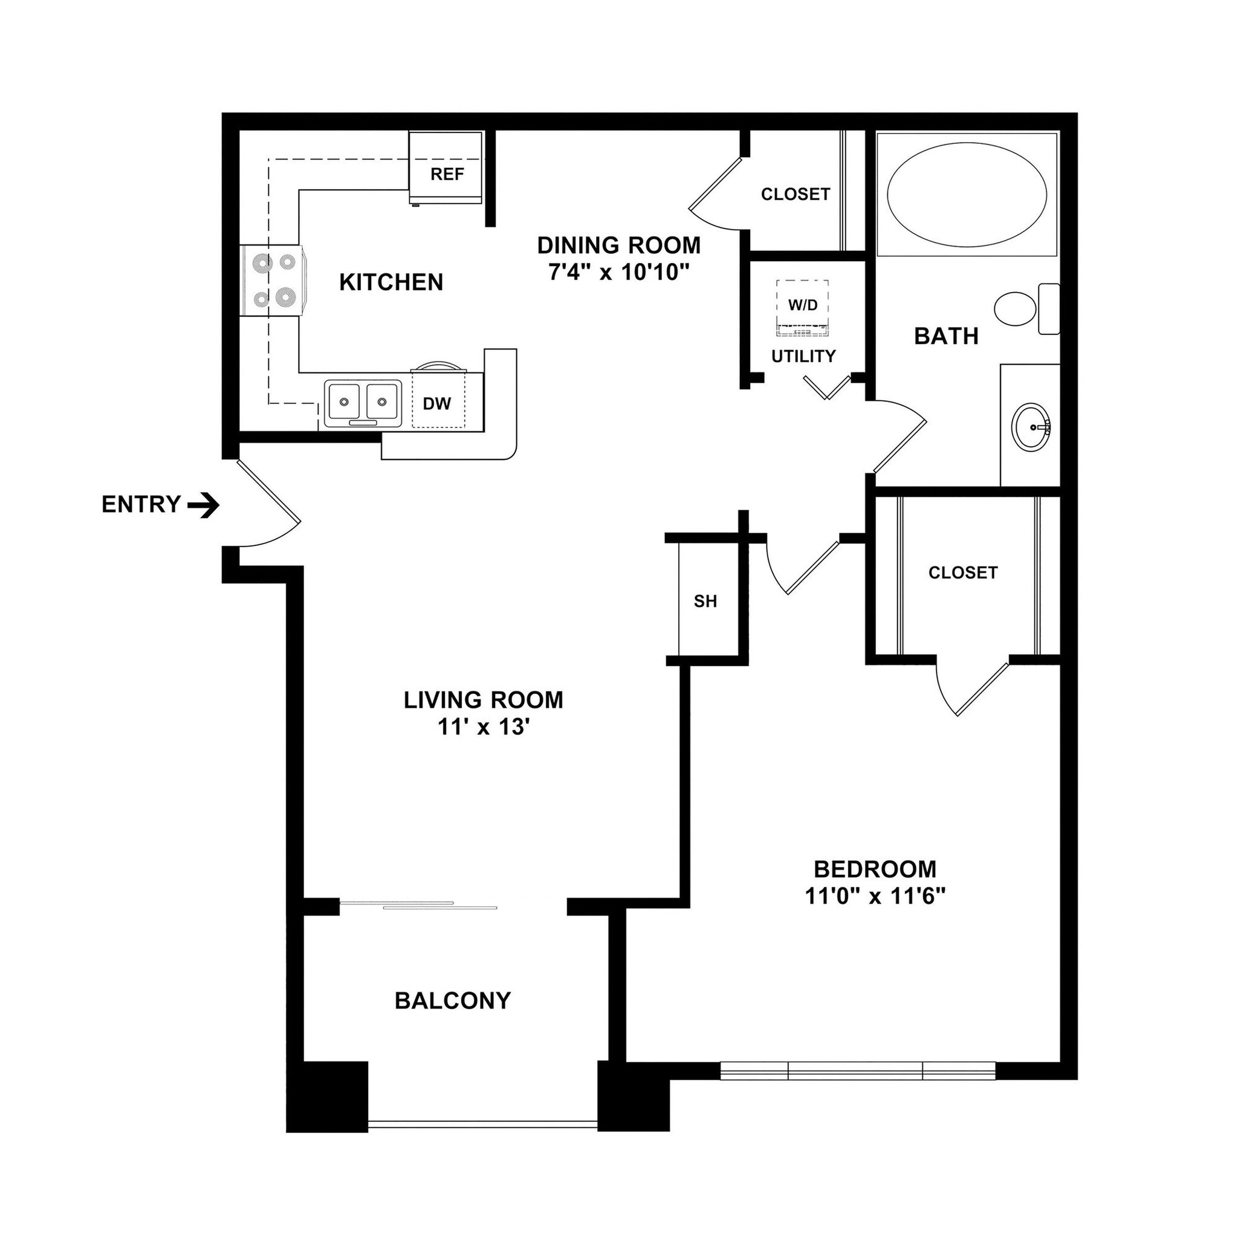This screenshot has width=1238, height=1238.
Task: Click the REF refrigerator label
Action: click(447, 174)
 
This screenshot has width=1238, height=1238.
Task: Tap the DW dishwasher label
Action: click(437, 404)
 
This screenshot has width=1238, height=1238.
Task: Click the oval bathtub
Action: click(967, 193)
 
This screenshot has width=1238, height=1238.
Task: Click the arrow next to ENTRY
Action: click(203, 505)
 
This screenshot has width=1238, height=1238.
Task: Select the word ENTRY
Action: click(141, 505)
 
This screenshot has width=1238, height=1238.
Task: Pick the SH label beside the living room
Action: click(705, 601)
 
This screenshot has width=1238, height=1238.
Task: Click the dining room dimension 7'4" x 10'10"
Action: click(618, 273)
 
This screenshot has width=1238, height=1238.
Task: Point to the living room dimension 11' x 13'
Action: click(483, 727)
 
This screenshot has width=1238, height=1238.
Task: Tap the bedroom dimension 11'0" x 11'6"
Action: click(875, 896)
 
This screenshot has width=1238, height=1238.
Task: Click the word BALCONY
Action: click(452, 1000)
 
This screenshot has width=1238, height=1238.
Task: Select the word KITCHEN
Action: click(391, 282)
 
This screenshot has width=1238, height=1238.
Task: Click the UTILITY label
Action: click(803, 356)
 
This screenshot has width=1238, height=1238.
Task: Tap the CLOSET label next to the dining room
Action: click(796, 194)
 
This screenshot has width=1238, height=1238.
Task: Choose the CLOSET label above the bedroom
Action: click(962, 572)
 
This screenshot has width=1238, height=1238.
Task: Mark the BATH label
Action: click(946, 335)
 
